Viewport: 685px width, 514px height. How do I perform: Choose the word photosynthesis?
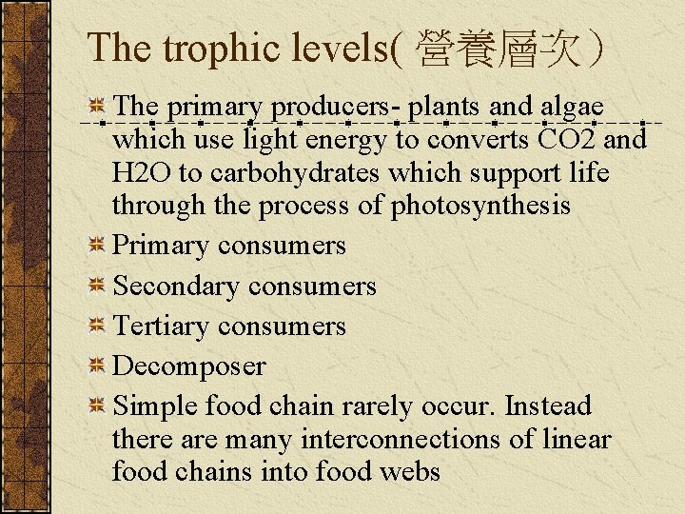(480, 207)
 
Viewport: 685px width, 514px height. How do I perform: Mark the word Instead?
(548, 406)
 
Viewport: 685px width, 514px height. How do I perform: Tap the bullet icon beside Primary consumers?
(96, 247)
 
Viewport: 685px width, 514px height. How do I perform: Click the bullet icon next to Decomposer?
(96, 366)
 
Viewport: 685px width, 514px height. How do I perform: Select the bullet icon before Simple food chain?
(96, 406)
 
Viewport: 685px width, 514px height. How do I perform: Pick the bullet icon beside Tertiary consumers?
(96, 326)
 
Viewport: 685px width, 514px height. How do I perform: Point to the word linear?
(577, 440)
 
